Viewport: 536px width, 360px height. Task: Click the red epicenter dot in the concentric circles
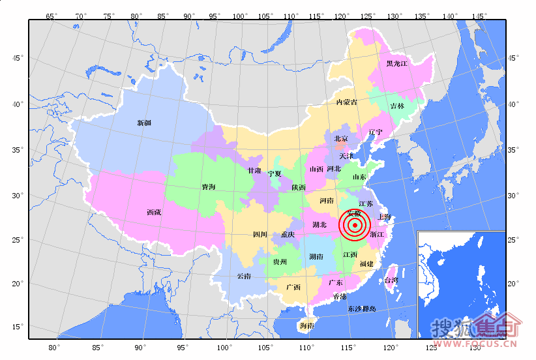coord(355,226)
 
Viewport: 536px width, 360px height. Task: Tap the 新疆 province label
coord(144,123)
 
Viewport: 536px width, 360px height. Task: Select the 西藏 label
coord(154,212)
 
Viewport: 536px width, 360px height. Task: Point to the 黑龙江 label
coord(396,64)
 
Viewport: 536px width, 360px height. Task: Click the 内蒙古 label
coord(346,102)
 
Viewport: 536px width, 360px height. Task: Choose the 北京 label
coord(341,138)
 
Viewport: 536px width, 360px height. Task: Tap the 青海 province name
coord(209,187)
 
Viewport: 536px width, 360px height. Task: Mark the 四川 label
coord(260,234)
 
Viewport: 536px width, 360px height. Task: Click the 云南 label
coord(243,276)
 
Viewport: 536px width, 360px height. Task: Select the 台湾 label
coord(391,280)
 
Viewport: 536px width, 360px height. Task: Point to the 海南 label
coord(306,325)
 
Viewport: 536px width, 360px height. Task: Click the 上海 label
coord(384,217)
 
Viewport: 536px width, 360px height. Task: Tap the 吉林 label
coord(397,106)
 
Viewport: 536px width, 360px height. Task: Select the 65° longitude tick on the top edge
coord(51,15)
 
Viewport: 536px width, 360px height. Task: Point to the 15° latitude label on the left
coord(18,327)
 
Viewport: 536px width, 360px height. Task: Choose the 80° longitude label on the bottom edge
coord(55,346)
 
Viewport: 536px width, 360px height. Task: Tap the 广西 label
coord(293,287)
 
